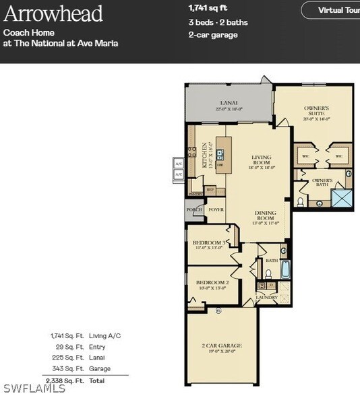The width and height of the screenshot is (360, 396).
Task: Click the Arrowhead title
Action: click(53, 13)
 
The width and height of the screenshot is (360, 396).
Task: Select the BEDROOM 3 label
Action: click(207, 244)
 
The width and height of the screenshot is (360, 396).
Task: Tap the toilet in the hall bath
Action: click(268, 274)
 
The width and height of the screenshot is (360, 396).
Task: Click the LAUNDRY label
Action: click(266, 296)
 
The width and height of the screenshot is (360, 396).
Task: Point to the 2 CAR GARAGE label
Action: click(222, 346)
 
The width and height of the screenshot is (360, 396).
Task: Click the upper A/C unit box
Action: click(179, 163)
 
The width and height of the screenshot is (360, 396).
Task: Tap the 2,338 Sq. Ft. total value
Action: click(67, 381)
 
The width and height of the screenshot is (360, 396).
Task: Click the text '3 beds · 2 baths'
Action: click(218, 22)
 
